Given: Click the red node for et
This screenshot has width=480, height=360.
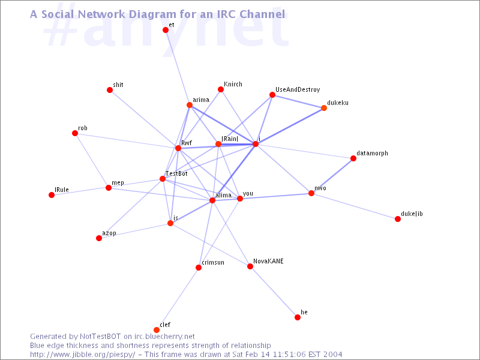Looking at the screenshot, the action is [166, 30].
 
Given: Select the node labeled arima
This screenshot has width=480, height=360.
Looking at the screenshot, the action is [190, 105].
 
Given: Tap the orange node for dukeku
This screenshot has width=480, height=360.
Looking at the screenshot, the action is [324, 108].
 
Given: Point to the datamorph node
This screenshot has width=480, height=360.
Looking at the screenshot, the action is [353, 158].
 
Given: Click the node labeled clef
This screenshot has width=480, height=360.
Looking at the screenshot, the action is [157, 329].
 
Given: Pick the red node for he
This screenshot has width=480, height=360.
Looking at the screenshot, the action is [298, 317].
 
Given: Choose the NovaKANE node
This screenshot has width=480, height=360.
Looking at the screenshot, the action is [250, 266].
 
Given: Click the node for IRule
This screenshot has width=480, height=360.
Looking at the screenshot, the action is [52, 195].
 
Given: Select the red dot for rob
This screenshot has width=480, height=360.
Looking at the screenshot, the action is [75, 133].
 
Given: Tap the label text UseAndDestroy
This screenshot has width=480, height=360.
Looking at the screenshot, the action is [298, 89].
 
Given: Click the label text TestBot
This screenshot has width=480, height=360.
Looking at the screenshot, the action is [176, 173].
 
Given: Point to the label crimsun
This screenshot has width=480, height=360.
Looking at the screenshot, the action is [213, 262].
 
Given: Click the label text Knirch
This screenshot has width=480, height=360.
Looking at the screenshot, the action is [233, 84].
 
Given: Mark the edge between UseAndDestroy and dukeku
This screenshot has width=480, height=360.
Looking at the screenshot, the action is [298, 101].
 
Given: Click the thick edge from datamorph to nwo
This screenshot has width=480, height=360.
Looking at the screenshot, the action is [332, 176].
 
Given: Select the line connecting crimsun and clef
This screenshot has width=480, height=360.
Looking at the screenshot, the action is [178, 299].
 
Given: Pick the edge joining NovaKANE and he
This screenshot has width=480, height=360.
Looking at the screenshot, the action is [274, 292].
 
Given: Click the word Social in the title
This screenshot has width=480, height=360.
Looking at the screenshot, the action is [58, 14].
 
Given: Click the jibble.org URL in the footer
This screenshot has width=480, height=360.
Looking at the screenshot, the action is [83, 355].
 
